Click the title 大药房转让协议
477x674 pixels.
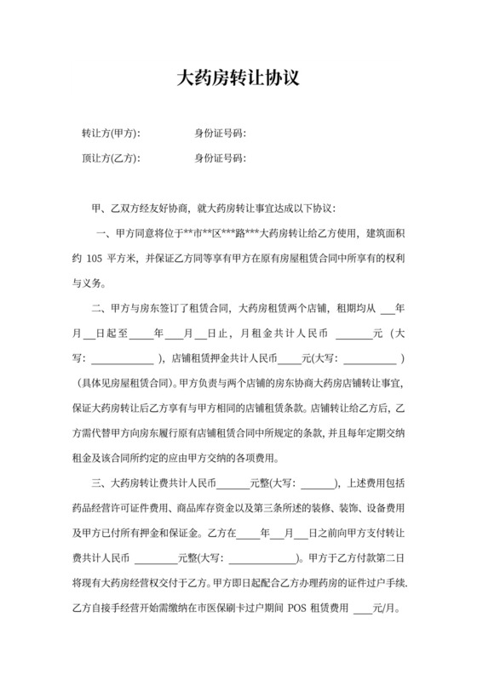pos(238,79)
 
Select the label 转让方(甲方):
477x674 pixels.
pos(111,134)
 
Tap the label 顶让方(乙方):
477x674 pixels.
pos(111,158)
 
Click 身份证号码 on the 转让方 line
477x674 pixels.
pos(219,134)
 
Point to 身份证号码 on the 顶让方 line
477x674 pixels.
pos(219,158)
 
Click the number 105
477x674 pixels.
pos(94,257)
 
